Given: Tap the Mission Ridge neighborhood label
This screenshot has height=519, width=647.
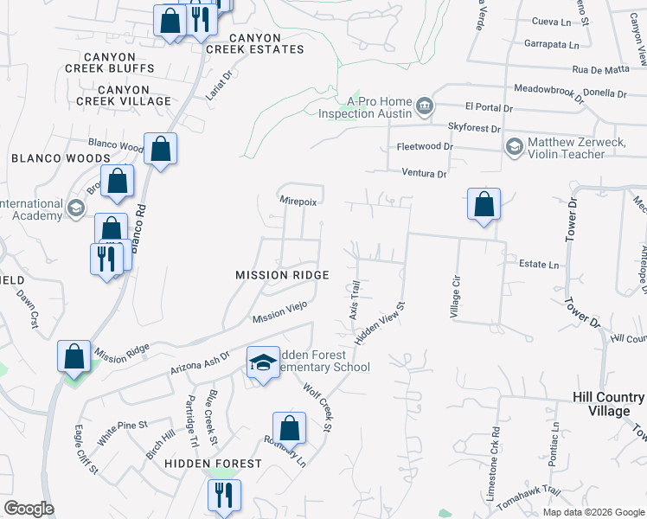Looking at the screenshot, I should (x=282, y=275).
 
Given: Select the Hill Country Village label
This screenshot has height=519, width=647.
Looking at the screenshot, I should (x=608, y=404).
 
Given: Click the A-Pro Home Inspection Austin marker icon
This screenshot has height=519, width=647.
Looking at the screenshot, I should (x=425, y=106).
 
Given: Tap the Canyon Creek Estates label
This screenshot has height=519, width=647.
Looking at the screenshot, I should (x=254, y=44).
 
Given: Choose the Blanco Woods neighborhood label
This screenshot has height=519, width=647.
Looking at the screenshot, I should (x=61, y=158).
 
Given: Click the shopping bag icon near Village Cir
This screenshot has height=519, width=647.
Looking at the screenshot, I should (x=484, y=205).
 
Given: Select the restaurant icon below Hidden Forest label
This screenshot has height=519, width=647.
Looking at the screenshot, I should (x=223, y=496).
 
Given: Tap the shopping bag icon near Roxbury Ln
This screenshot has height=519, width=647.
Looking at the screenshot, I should (x=289, y=428).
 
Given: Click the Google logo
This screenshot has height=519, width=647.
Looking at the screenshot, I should (x=29, y=509).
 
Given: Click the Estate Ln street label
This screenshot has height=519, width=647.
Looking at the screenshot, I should (x=539, y=265).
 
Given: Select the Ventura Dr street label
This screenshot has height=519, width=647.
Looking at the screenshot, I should (x=423, y=174).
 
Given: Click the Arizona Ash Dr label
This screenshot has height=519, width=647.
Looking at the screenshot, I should (x=200, y=361).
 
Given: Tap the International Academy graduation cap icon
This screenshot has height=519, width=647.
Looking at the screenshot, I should (x=75, y=208).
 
